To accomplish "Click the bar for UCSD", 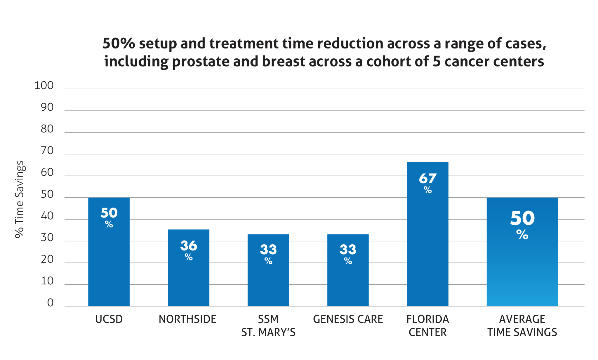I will coord(109,263).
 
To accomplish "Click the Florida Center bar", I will coord(427,248).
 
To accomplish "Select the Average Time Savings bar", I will coord(522,269).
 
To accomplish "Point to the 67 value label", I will coord(427,179).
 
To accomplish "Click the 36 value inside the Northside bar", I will coord(189,246).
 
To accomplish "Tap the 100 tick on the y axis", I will coord(44,86).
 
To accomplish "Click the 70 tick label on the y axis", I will coord(47,151).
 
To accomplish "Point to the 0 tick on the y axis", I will coord(50,303).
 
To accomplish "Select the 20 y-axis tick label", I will coord(47,259).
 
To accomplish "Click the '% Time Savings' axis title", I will coord(20,199).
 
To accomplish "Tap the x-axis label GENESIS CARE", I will coord(348,319).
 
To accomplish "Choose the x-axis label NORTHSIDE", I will coord(187,319).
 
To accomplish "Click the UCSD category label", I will coord(109,319).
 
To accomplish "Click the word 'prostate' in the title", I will coord(200,62).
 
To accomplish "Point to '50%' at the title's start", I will coord(119,44).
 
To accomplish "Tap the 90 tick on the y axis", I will coord(47,107).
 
